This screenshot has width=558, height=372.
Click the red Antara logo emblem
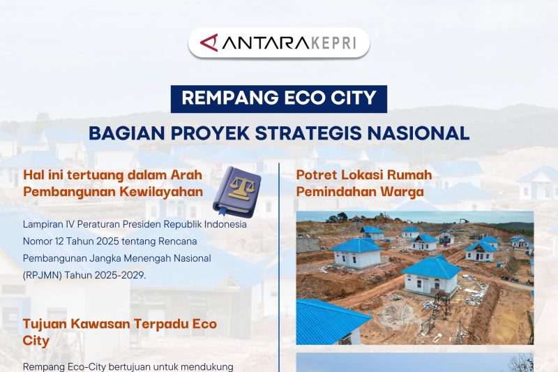pos(209,42)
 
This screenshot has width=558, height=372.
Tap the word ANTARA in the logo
pos(257,42)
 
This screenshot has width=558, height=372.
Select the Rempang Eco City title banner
pos(279,98)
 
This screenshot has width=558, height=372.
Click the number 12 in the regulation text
pos(62,241)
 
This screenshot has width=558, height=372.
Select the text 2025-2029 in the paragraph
pos(123,275)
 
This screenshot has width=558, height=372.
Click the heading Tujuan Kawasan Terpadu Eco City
pos(119,333)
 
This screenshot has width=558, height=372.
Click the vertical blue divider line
pos(279,265)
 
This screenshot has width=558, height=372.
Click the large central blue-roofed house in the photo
pos(430,276)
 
